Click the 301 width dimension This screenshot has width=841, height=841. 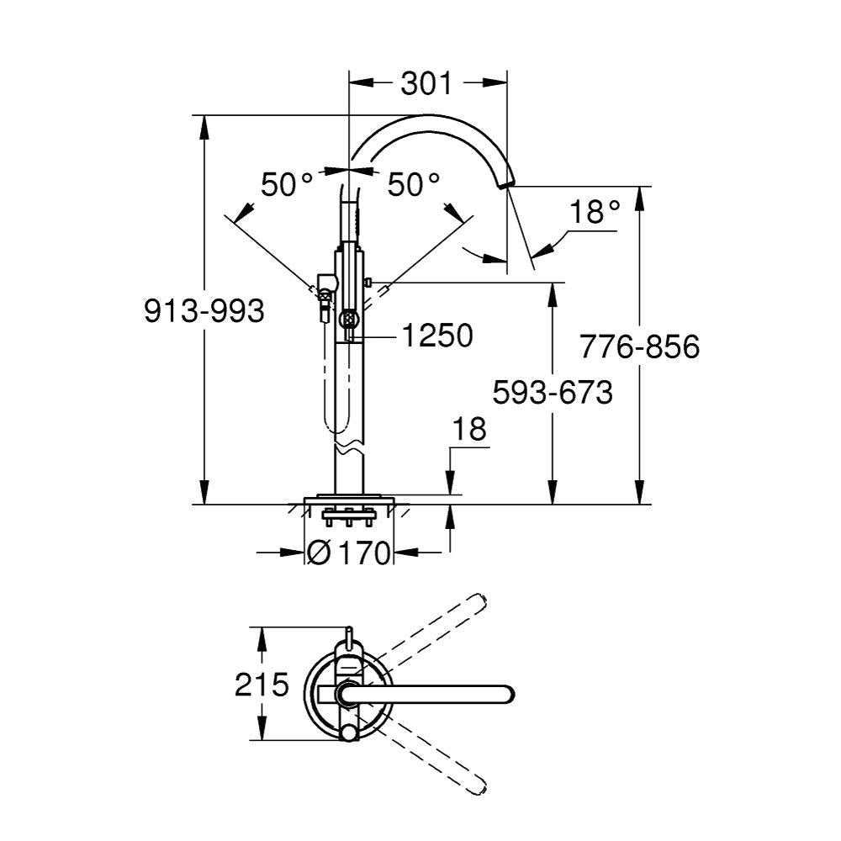[427, 84]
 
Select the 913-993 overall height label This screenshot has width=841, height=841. [204, 311]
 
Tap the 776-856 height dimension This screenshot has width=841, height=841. [640, 346]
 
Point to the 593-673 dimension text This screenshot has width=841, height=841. [553, 392]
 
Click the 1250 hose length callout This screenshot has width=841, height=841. [437, 336]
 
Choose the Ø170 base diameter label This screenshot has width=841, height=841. [349, 553]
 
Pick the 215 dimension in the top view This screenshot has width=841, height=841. [262, 685]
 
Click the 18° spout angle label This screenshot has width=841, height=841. [595, 212]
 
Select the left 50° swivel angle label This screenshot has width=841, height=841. [287, 184]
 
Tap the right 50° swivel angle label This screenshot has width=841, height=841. [414, 184]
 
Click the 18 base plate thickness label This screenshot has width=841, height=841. [469, 429]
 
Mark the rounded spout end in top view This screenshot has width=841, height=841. [508, 694]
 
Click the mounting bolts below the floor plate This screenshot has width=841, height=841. [349, 516]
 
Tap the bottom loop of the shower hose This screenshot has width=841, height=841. [336, 423]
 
